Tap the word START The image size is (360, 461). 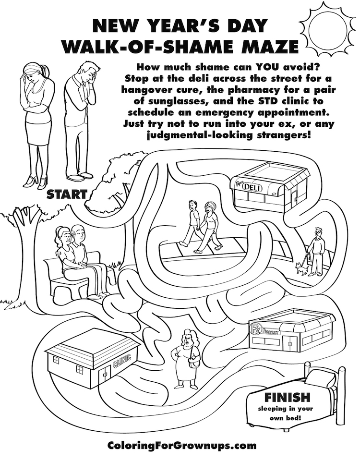tap(67, 194)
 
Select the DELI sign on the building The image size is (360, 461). tap(252, 187)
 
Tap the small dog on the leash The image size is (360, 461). tap(302, 268)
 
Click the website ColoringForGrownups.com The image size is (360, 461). tap(182, 445)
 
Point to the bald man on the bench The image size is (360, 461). tap(81, 235)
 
